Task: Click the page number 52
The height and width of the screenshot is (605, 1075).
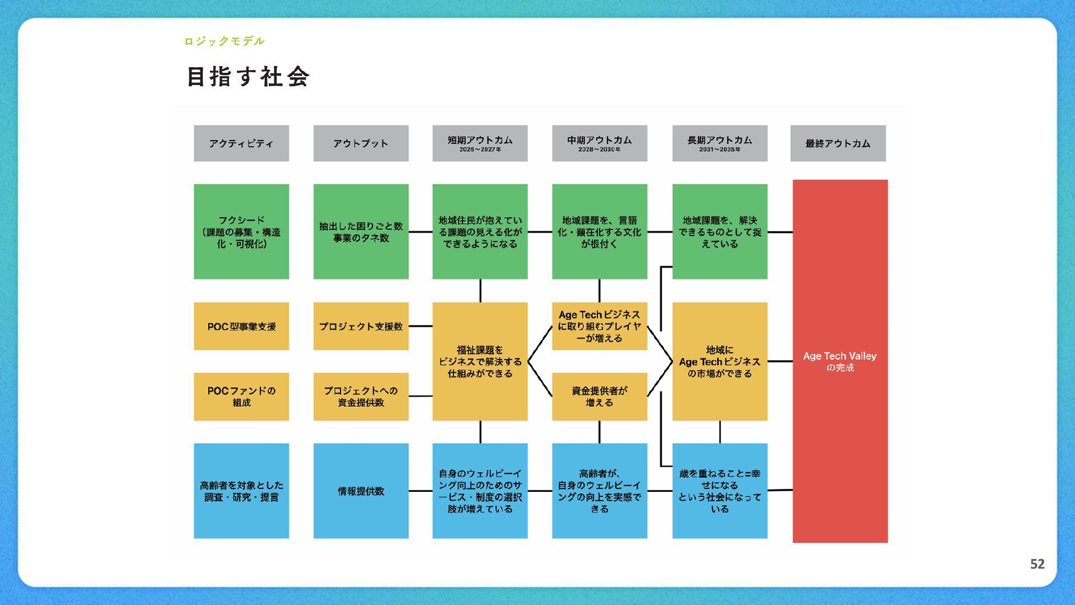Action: tap(1037, 564)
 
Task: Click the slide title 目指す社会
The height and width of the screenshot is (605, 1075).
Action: tap(248, 77)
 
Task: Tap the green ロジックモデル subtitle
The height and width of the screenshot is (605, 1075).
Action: tap(224, 41)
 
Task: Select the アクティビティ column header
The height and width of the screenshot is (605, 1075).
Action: tap(241, 143)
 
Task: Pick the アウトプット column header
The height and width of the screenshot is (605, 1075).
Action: tap(361, 143)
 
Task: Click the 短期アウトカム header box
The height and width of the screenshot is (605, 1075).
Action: tap(480, 143)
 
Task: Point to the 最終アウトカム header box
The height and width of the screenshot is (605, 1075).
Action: tap(838, 143)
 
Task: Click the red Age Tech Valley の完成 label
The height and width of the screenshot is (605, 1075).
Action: tap(840, 361)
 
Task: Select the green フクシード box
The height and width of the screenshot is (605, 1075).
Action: tap(241, 231)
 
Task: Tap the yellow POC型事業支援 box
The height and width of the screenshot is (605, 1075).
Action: tap(241, 326)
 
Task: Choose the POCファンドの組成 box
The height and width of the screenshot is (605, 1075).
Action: tap(241, 397)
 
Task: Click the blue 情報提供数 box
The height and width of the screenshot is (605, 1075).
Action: tap(361, 491)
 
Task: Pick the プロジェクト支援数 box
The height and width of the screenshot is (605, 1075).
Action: tap(361, 326)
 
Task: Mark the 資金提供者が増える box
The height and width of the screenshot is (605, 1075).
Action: tap(599, 397)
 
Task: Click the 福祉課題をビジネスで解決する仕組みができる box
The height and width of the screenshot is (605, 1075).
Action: tap(480, 361)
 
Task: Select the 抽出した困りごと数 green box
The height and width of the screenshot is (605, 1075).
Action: tap(361, 231)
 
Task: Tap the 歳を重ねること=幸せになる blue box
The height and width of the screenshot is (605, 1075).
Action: tap(719, 491)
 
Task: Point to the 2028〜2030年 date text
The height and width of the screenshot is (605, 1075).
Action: tap(599, 150)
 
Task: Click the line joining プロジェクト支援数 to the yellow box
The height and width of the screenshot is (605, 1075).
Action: tap(420, 326)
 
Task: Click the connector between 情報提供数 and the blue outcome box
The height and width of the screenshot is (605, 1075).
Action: tap(420, 491)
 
